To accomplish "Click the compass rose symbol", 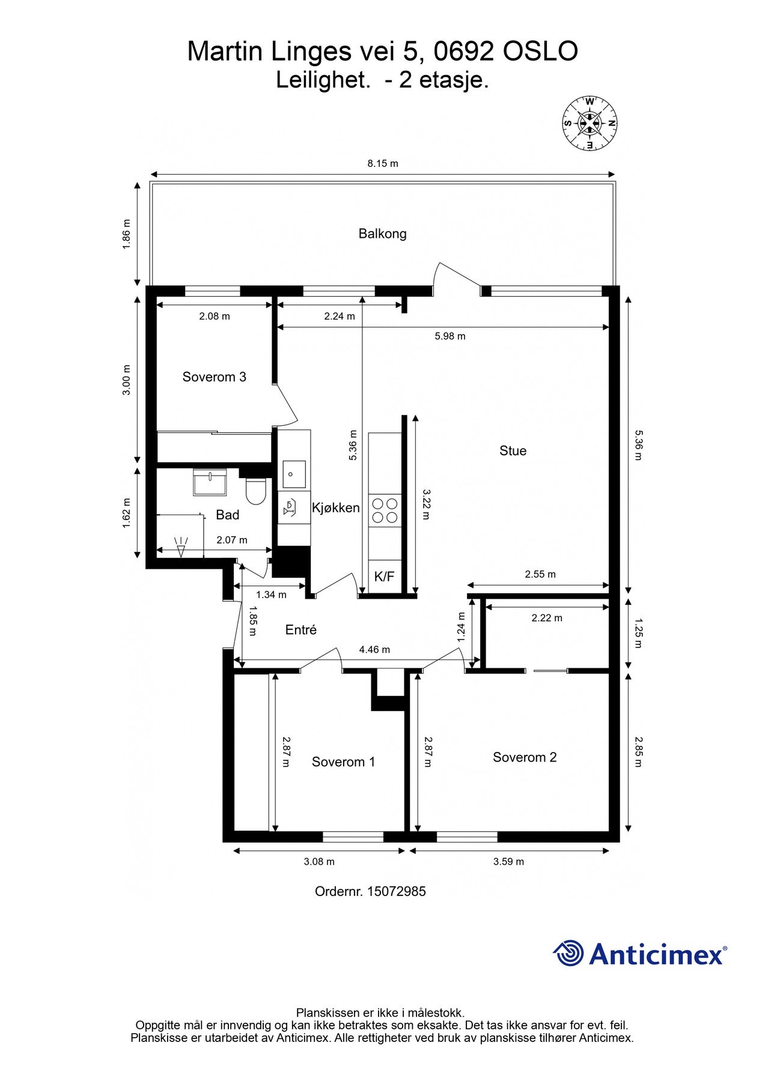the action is coord(590,123).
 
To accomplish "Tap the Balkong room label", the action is coord(382,234).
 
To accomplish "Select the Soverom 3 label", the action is coord(214,377).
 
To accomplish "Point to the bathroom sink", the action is coord(210,483).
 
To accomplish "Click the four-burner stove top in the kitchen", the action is coord(385,510).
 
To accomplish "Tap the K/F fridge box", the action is coord(385,577).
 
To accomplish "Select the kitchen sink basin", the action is coord(294,474).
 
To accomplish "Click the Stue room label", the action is coord(513,451).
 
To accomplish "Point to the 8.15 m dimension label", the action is coord(383,163).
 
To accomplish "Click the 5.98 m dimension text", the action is coord(450,336).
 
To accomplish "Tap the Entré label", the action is coord(300,629).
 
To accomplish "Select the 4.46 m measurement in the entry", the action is coord(374,650).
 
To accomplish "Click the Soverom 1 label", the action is coord(343,762).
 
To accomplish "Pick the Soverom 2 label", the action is coord(525,757).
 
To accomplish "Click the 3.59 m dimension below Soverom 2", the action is coord(508,862).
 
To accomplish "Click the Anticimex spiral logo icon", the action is coord(568,953).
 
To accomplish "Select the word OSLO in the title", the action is coord(540,52).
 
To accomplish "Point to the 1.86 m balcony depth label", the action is coord(126,235).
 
